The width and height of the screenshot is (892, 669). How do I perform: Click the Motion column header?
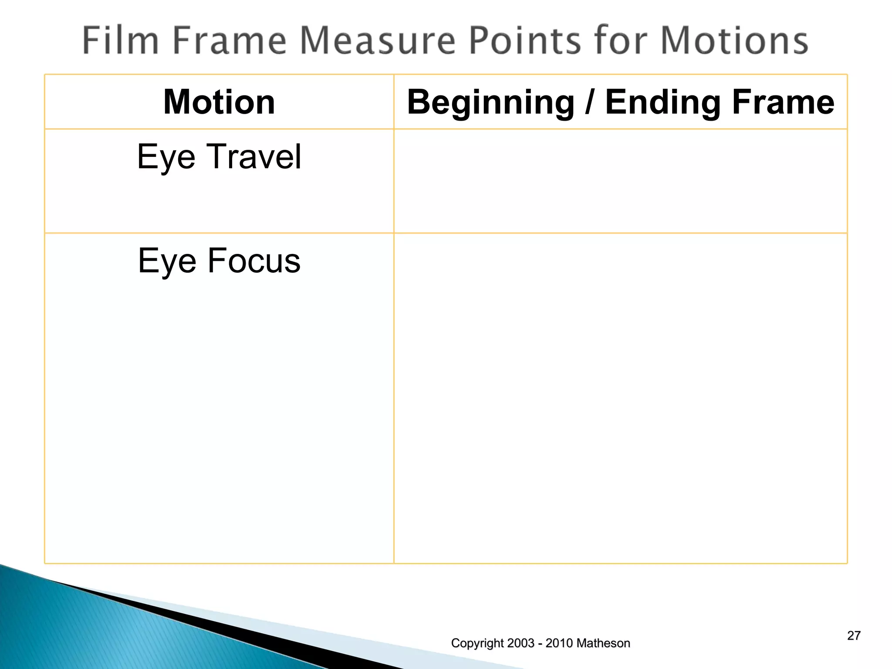point(219,102)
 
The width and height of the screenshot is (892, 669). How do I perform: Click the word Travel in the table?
point(254,156)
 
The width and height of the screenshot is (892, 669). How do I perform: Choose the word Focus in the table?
point(254,260)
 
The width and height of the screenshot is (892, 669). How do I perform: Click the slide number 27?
point(854,635)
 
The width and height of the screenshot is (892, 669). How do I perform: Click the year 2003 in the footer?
point(520,643)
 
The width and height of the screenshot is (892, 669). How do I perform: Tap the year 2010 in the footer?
point(559,643)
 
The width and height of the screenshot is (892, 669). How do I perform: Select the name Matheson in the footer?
point(603,643)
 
